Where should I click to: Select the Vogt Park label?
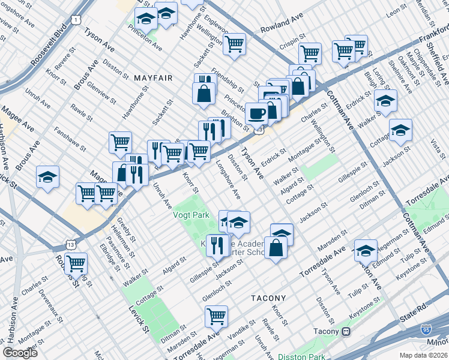click(191, 214)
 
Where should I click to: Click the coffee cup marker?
click(257, 113)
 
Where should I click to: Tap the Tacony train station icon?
click(346, 331)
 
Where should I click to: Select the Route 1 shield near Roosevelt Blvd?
click(75, 20)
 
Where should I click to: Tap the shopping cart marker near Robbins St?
click(76, 263)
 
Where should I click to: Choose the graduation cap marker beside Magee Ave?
click(47, 177)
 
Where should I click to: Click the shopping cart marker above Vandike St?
click(216, 315)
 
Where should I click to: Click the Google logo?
click(20, 353)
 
